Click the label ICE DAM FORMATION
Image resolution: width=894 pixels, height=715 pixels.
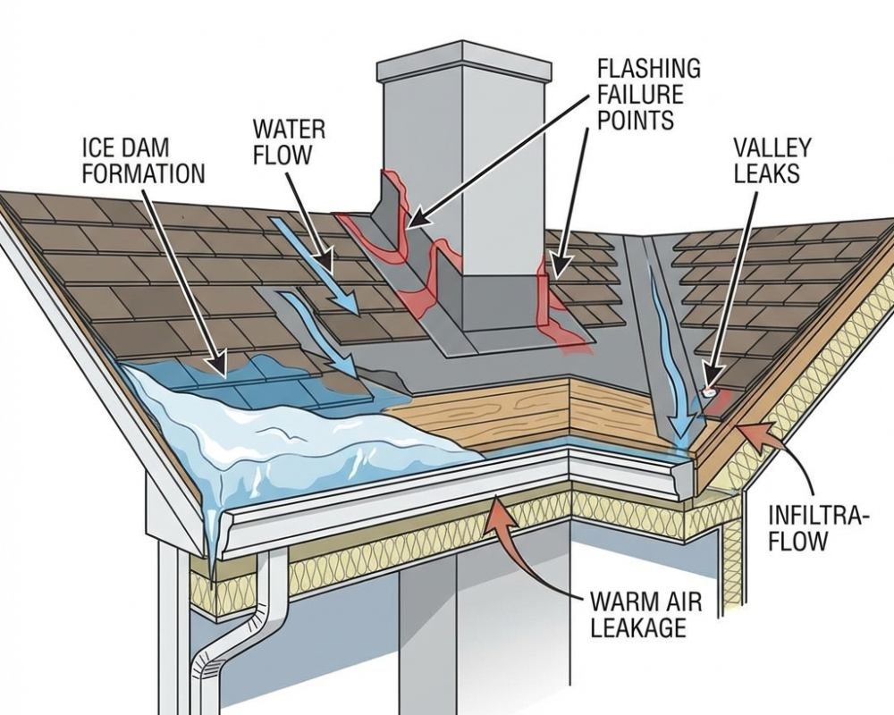[143, 159]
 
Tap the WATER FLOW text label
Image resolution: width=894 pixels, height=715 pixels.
[288, 140]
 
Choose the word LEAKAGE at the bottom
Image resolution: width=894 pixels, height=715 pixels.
[637, 627]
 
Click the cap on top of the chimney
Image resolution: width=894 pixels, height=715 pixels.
[463, 63]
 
